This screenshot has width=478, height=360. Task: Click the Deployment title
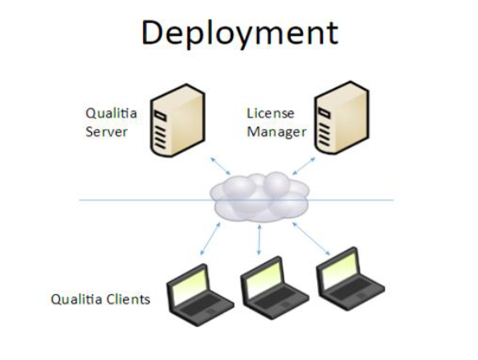[240, 33]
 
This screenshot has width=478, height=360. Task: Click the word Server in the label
[107, 132]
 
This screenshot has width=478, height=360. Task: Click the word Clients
[131, 299]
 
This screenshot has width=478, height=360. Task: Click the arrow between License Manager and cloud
[303, 164]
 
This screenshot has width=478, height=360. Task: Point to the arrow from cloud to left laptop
[210, 241]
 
